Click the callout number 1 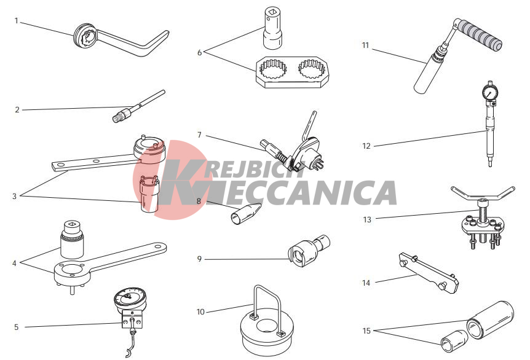pos(16,21)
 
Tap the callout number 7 pos(199,135)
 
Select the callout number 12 pos(366,146)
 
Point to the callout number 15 pos(366,331)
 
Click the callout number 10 pos(201,311)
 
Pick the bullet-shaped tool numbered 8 pos(246,214)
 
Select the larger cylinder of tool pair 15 pos(491,320)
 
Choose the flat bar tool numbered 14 pos(429,273)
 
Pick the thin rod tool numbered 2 pos(138,106)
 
